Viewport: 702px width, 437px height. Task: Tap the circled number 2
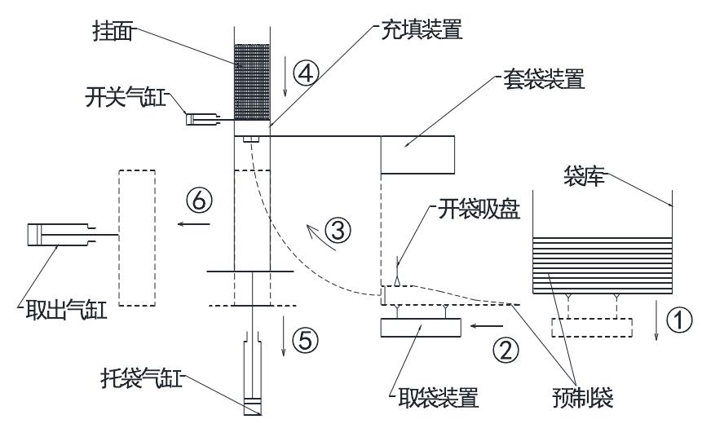[506, 350]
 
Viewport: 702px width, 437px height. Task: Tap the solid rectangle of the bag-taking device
[421, 328]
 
